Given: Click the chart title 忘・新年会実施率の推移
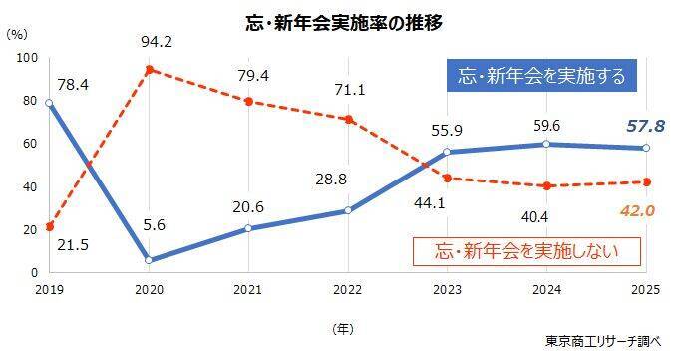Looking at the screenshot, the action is click(344, 23).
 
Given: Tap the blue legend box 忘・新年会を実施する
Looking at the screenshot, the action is click(541, 76).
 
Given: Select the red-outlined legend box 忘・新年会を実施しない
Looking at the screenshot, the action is click(526, 251).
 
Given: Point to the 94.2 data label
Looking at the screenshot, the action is click(157, 42).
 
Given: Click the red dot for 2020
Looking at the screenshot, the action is click(149, 70).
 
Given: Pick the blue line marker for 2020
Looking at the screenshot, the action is click(149, 260).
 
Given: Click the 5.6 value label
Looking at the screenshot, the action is click(155, 225).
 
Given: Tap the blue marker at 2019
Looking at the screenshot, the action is click(49, 103).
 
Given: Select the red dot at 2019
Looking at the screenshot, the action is click(50, 226).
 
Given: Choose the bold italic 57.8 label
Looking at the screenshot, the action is click(645, 127).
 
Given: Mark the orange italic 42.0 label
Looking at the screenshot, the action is click(637, 210).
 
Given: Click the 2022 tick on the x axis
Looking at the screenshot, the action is click(348, 290).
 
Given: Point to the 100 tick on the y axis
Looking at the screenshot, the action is click(27, 58).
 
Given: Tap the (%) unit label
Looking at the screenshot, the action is click(17, 34).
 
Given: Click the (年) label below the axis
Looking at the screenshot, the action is click(343, 329).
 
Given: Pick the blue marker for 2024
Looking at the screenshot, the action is click(546, 144).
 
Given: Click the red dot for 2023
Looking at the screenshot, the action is click(448, 179).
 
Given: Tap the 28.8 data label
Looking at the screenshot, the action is click(331, 179).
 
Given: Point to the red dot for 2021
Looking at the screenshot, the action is click(248, 102).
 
